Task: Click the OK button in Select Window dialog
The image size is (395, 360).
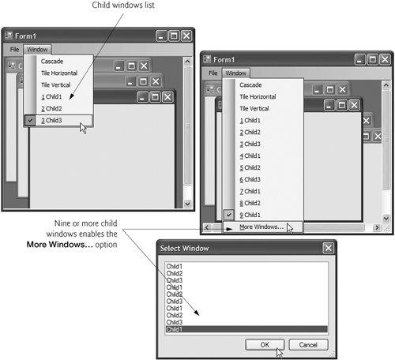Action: [x=265, y=344]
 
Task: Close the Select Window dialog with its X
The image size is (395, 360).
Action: [x=329, y=248]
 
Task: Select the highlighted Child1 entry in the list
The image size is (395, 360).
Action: [x=246, y=329]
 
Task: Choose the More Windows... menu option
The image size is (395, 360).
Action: [x=261, y=227]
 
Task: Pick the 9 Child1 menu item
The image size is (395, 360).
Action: [x=250, y=215]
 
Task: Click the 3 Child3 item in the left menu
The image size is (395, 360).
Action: [x=51, y=121]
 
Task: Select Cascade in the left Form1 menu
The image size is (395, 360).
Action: [x=52, y=62]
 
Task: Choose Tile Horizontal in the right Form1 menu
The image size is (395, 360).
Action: [x=258, y=97]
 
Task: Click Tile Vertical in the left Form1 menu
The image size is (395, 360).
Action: [x=55, y=85]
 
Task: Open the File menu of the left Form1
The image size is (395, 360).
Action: [x=14, y=50]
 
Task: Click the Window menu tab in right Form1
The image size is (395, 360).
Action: [x=236, y=73]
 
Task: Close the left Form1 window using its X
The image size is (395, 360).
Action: [x=186, y=36]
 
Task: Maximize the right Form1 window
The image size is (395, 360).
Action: [x=373, y=59]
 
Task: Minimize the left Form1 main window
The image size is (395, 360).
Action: [x=161, y=36]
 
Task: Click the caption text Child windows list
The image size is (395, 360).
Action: [x=123, y=5]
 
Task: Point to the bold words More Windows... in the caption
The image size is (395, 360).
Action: [x=59, y=244]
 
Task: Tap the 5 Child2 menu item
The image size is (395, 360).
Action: [x=250, y=167]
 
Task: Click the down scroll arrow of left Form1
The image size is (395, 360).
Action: [x=187, y=204]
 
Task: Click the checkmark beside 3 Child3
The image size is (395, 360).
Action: [x=30, y=121]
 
